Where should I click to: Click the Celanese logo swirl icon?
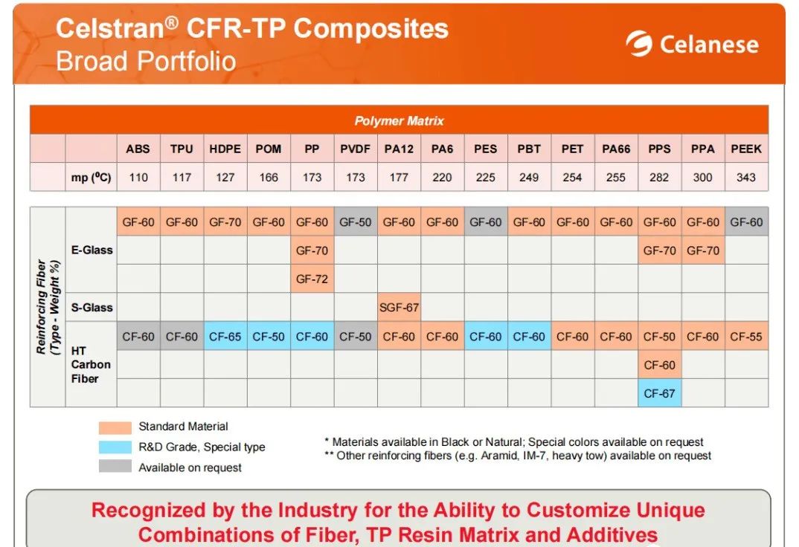[x=638, y=45]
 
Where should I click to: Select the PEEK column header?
[x=746, y=149]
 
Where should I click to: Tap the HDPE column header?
[x=225, y=149]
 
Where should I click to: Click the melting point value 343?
[x=746, y=178]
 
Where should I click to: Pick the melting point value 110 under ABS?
[x=138, y=178]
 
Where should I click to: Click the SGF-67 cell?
[x=399, y=308]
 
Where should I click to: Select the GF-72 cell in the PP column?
[x=312, y=279]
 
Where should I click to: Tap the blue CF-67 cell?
[x=659, y=393]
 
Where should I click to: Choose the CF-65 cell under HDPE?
[x=225, y=337]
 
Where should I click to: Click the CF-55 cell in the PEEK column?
[x=746, y=337]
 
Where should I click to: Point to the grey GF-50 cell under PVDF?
[x=355, y=222]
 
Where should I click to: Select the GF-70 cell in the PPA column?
[x=702, y=251]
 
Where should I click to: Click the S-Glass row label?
[x=92, y=308]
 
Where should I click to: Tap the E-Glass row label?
[x=92, y=250]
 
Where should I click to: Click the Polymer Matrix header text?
[x=399, y=121]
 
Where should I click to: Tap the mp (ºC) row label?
[x=92, y=178]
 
